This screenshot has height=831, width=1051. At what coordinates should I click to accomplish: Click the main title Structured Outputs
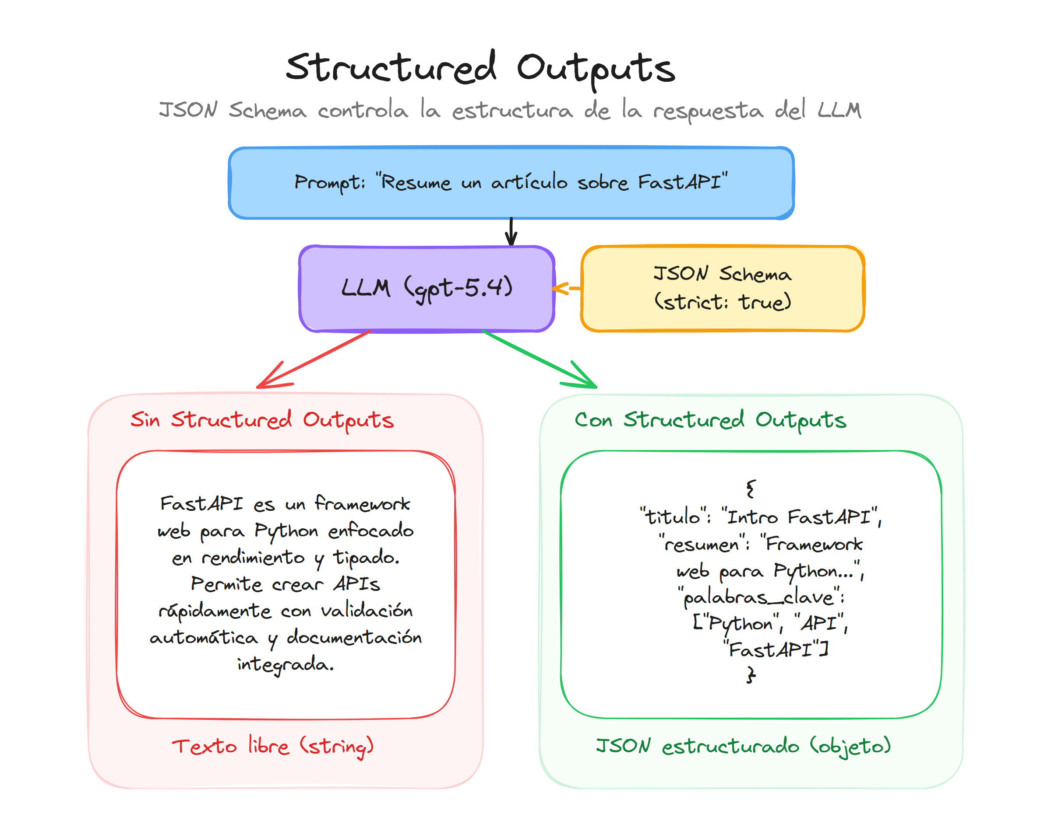[480, 68]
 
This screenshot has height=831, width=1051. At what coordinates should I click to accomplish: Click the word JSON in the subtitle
[188, 110]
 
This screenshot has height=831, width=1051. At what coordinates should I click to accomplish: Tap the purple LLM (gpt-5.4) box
[426, 288]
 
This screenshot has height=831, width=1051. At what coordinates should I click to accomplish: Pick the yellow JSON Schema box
[722, 288]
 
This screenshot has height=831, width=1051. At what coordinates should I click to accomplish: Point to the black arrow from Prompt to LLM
[511, 231]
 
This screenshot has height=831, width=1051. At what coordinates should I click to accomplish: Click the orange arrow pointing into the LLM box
[566, 288]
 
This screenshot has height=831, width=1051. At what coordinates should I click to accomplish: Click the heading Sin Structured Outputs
[262, 419]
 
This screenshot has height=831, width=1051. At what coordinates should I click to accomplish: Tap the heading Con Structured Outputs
[710, 419]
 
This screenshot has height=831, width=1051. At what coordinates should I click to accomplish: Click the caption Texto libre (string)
[273, 745]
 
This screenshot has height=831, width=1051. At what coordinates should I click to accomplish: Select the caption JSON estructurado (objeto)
[743, 745]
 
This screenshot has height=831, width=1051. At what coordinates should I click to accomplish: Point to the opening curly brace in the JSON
[751, 489]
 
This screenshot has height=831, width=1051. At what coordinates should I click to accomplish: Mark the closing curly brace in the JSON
[751, 674]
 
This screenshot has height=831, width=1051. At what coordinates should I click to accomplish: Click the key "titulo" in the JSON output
[674, 516]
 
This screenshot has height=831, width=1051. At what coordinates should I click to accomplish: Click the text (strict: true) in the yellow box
[722, 302]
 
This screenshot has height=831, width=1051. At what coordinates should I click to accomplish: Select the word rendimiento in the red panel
[253, 558]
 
